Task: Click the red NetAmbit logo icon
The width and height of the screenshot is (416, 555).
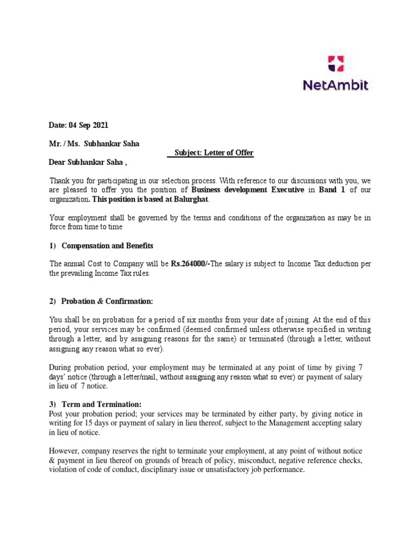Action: click(336, 63)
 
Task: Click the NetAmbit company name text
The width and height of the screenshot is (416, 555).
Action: click(336, 85)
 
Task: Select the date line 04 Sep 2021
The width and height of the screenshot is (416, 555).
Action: click(79, 125)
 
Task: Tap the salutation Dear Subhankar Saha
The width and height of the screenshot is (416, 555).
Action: click(90, 163)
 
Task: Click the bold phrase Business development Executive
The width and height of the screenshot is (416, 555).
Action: click(248, 190)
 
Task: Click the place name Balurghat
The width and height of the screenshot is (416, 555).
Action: click(191, 199)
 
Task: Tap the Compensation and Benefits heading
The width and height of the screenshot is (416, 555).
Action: click(107, 246)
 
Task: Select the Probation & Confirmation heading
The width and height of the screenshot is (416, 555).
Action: click(107, 301)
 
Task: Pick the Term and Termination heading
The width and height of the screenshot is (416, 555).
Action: click(102, 404)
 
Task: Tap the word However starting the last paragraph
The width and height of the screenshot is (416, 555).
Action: click(64, 451)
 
